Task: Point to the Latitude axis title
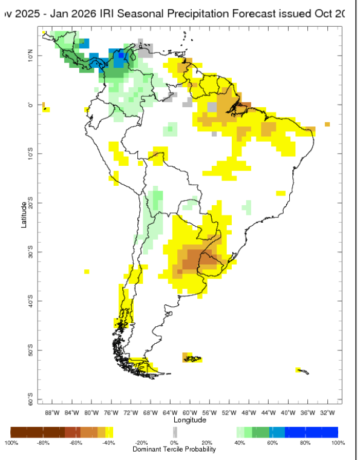coord(24,214)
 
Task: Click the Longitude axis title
coord(190,420)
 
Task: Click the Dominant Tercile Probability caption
coord(174,451)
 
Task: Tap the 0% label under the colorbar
coord(174,443)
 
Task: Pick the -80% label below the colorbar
coord(42,443)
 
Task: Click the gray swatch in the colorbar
coord(175,432)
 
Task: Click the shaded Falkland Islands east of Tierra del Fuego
coord(192,359)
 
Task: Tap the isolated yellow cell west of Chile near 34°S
coord(87,271)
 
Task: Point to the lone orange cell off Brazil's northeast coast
coord(327,124)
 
